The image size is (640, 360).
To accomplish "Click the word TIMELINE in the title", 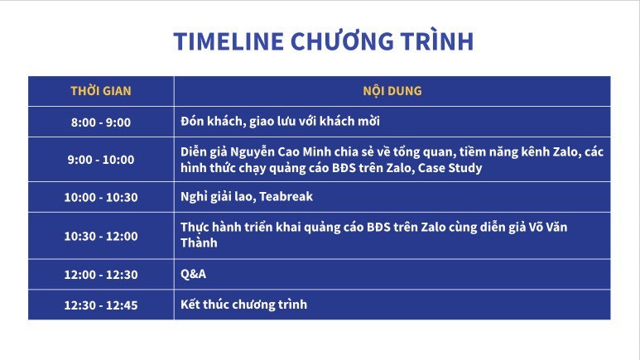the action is pos(229,41).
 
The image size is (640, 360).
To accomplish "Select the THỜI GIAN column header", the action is pos(101,90).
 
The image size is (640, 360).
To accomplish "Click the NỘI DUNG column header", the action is pos(392,90).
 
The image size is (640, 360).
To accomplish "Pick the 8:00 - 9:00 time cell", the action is pos(101,122).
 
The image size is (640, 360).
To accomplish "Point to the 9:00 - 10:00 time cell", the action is pos(101,160).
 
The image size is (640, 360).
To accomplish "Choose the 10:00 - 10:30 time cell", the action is pos(101,197).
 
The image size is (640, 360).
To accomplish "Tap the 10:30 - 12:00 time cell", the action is pos(101,236).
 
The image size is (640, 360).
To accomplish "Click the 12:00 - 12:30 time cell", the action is pos(101,274).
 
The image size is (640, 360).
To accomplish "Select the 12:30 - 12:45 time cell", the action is pos(101,305).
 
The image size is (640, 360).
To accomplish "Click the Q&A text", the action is pos(193,273).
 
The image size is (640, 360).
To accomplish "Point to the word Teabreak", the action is pos(286,196).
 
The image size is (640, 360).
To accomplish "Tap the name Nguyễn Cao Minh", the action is pos(281,151).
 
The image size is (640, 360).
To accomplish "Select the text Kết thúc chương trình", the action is pos(243,304).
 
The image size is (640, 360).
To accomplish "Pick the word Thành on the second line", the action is pos(199,242).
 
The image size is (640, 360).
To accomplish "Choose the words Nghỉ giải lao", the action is pos(218,197).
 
